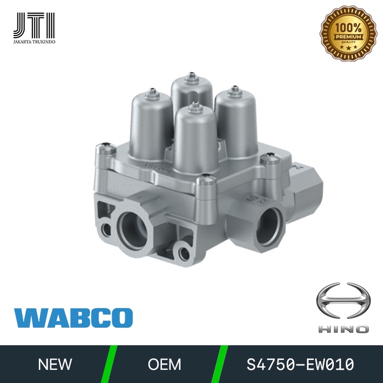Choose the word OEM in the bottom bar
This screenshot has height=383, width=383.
click(164, 364)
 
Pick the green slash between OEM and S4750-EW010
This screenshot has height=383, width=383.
click(222, 364)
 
